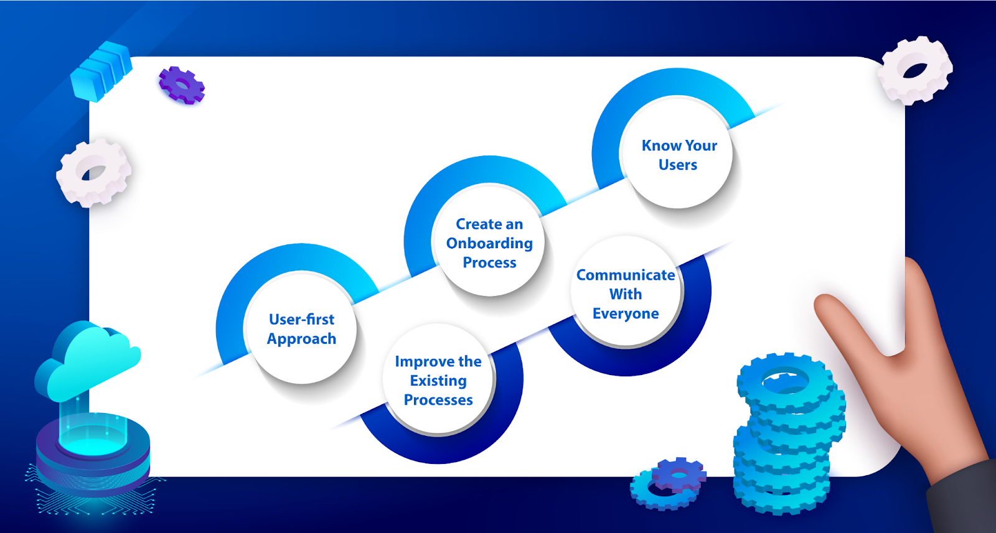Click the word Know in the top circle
click(661, 146)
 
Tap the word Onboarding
click(489, 244)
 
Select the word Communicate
click(626, 275)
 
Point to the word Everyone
click(626, 313)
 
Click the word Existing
click(438, 381)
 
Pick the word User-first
click(301, 319)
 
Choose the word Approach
click(301, 339)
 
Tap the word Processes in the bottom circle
click(438, 400)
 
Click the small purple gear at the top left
click(182, 85)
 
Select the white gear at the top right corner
click(915, 71)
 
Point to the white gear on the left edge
click(94, 172)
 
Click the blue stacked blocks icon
click(101, 70)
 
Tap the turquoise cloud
click(88, 361)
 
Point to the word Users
click(678, 165)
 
